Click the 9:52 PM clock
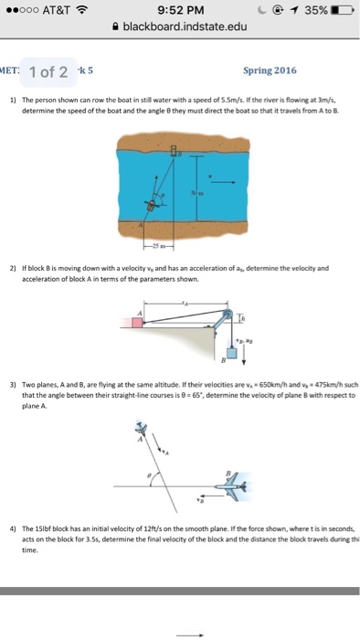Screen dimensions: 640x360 coord(179,11)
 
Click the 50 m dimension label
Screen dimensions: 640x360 coord(195,193)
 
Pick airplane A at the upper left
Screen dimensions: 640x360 coord(141,426)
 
